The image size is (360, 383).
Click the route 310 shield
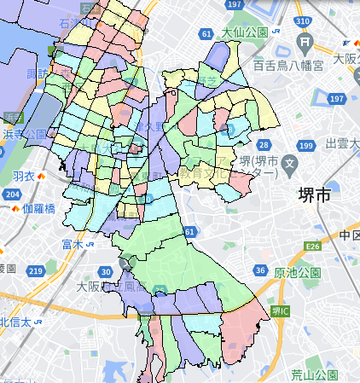[300, 20]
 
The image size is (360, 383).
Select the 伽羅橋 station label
[38, 208]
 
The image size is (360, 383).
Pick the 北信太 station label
[15, 322]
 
